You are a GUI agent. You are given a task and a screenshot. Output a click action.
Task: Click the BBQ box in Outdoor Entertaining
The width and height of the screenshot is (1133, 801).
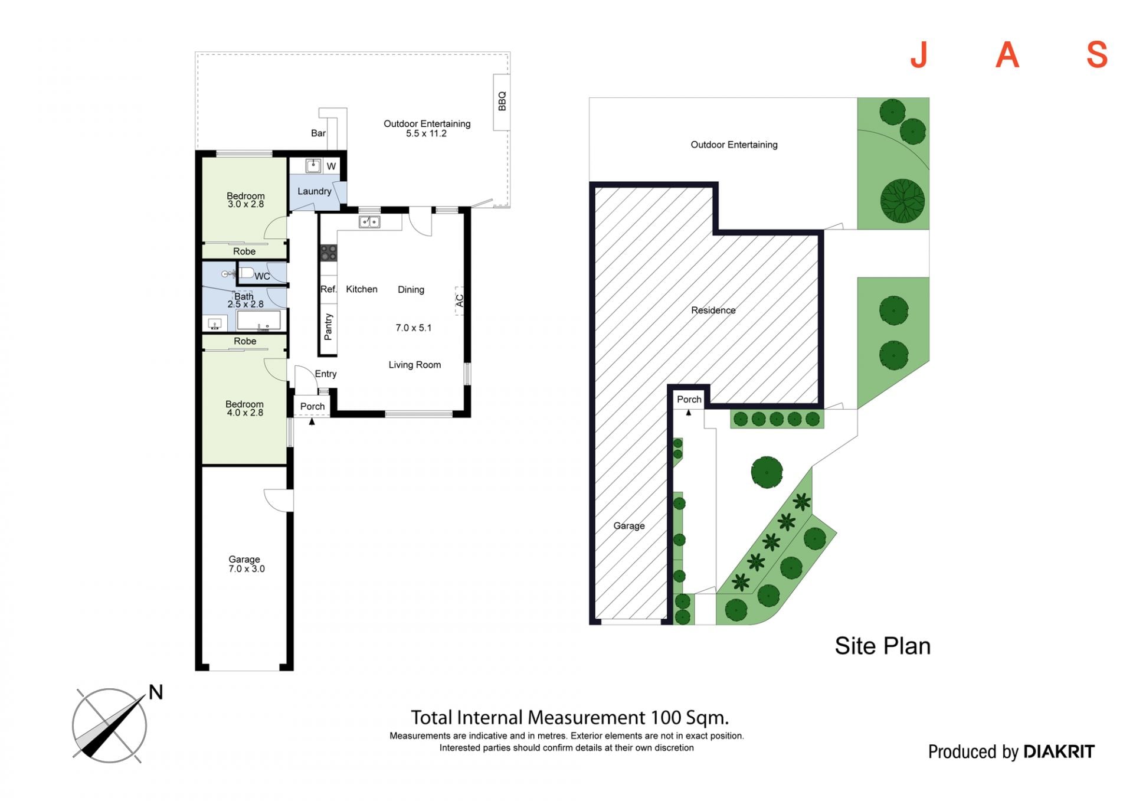click(x=502, y=102)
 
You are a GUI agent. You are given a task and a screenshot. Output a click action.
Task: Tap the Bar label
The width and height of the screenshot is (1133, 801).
click(x=318, y=133)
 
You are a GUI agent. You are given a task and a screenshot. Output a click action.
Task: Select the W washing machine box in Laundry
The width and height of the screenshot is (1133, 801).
click(x=331, y=166)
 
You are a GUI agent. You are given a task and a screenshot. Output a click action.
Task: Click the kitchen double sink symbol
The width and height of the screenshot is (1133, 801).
click(x=369, y=222)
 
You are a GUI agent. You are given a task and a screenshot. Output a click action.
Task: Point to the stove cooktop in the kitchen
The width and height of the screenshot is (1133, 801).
click(x=328, y=253)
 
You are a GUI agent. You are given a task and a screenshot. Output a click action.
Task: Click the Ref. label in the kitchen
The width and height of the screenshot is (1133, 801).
click(x=328, y=289)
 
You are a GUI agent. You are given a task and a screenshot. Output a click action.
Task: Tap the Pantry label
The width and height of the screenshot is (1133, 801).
click(x=329, y=327)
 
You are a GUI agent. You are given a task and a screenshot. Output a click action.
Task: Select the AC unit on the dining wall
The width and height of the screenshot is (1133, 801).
click(x=459, y=300)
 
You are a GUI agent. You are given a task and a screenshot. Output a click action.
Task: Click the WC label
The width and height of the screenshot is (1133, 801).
click(x=262, y=276)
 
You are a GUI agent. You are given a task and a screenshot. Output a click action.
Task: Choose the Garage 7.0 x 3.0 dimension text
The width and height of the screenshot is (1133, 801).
click(x=246, y=569)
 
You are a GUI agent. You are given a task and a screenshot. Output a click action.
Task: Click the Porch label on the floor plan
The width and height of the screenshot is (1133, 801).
click(x=312, y=406)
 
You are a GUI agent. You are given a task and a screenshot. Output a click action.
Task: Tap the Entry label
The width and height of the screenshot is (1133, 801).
click(x=326, y=374)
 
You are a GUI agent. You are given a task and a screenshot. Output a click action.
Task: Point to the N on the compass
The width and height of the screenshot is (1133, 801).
click(x=156, y=692)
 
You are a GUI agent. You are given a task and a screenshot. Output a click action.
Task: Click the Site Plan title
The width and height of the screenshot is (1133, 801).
click(x=882, y=646)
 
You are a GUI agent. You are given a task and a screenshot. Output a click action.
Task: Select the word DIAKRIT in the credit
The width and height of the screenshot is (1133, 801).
click(x=1059, y=751)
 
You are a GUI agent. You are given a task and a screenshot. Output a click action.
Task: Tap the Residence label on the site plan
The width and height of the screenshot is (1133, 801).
click(x=713, y=310)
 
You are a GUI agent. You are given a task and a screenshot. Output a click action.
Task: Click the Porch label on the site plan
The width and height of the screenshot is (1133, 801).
click(x=689, y=400)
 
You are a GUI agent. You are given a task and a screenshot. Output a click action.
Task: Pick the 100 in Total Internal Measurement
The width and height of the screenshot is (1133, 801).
click(x=666, y=718)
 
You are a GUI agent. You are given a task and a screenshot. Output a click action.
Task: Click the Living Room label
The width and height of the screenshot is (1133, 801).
click(x=414, y=365)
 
